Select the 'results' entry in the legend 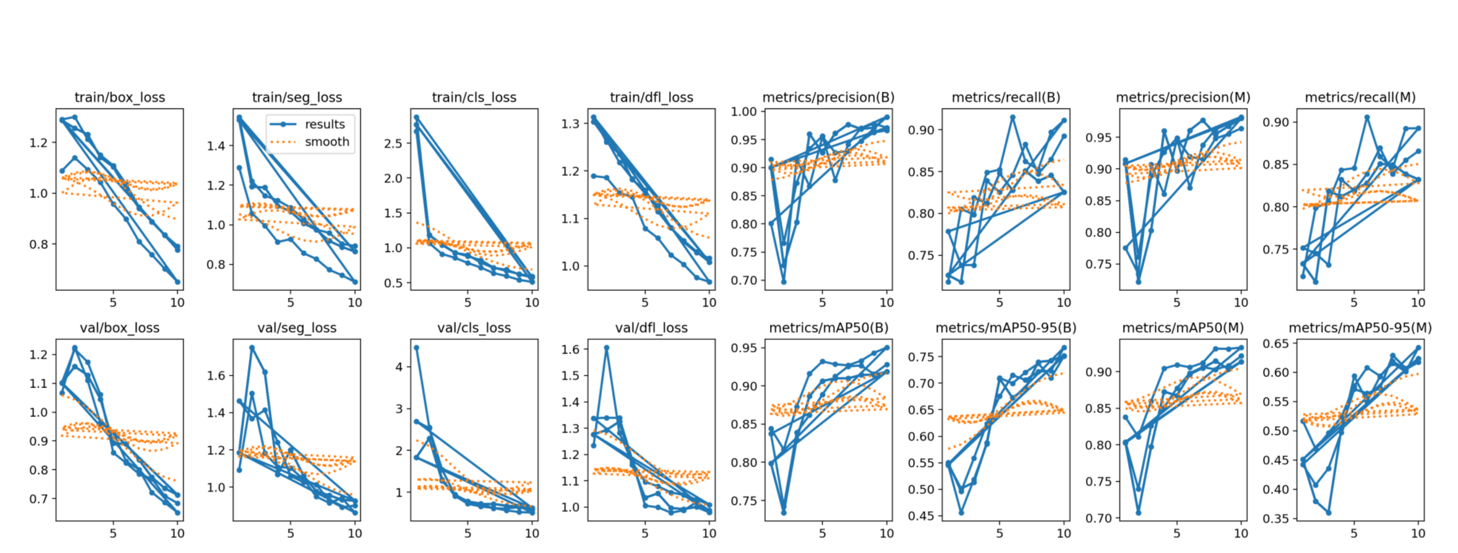(x=324, y=124)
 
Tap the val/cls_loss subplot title (x=474, y=328)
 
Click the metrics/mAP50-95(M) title (x=1360, y=328)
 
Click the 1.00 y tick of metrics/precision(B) (x=744, y=111)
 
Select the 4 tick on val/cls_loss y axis (x=399, y=367)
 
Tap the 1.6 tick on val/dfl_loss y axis (x=570, y=349)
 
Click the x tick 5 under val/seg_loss (x=291, y=533)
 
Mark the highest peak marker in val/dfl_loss (x=607, y=348)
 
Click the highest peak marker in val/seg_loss (x=252, y=347)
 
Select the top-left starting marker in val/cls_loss (x=417, y=347)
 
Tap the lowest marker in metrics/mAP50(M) (x=1138, y=513)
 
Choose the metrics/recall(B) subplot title (x=1006, y=97)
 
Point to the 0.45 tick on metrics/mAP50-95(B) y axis (x=922, y=516)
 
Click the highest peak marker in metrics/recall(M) (x=1367, y=117)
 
